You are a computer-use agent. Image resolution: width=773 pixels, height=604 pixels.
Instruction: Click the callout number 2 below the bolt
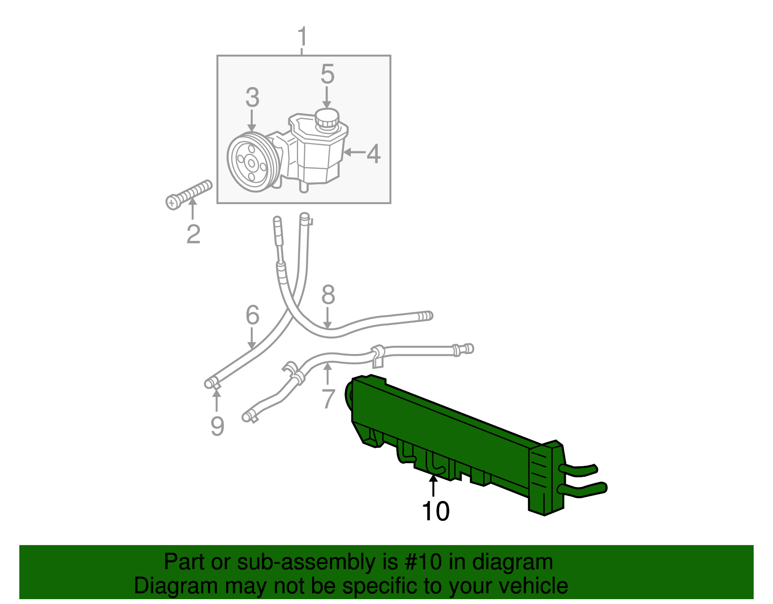(193, 234)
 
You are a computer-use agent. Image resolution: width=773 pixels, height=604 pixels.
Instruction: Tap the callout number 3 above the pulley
(252, 98)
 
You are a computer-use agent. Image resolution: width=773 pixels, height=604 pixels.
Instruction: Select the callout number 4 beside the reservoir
(373, 154)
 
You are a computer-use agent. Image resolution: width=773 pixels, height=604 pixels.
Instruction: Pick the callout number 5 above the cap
(327, 74)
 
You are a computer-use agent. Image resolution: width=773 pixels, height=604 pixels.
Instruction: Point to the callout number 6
(252, 315)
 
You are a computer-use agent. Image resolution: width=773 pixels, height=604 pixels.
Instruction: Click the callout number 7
(328, 398)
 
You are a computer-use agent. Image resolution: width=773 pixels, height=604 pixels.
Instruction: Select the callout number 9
(217, 426)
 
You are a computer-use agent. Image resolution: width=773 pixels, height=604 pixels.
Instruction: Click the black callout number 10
(435, 511)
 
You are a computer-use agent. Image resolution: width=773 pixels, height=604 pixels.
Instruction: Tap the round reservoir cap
(327, 118)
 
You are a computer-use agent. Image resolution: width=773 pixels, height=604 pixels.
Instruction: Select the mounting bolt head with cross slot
(172, 202)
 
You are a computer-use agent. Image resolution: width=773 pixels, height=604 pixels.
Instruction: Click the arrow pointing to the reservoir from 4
(353, 153)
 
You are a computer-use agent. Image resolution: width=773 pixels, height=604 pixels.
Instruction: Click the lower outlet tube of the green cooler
(585, 490)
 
